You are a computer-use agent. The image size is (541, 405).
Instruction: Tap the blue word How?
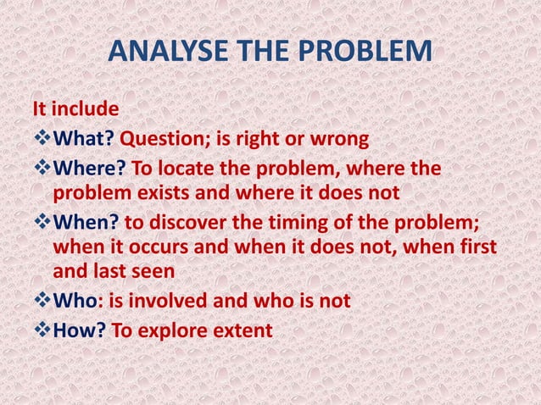tap(81, 330)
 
